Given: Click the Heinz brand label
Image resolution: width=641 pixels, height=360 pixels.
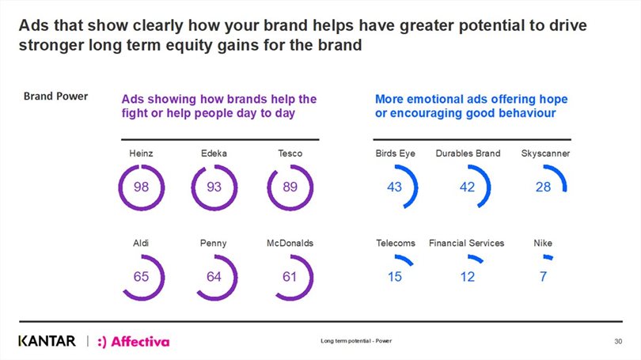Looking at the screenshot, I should pos(141,153).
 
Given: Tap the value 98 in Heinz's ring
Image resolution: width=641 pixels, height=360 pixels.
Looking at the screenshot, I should pos(141,188).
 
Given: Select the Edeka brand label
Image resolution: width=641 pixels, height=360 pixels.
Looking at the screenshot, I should pos(214,153).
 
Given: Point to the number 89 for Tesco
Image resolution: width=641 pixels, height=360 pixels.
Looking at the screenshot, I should pos(290,188).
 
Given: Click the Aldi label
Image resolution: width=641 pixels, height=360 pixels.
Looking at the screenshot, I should pos(141,243).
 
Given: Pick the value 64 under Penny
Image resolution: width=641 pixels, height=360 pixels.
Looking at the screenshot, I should pos(214,277).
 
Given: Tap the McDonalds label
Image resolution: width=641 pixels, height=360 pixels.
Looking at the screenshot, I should pos(290,243).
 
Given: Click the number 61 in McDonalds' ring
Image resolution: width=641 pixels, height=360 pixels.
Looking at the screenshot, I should pos(290,277).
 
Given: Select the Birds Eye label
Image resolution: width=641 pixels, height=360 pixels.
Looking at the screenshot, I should pos(395,153).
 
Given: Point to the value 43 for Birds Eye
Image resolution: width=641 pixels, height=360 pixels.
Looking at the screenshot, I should pos(395,188).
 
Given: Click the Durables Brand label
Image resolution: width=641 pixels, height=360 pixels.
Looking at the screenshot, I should pos(468,153).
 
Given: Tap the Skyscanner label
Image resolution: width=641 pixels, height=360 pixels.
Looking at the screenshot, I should pos(545,153).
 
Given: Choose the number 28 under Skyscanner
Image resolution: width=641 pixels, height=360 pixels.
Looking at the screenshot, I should pos(543,188).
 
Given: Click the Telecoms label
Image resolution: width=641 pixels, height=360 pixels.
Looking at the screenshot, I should pos(395,243).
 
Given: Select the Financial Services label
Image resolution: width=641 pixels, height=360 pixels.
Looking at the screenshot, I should pos(467,243).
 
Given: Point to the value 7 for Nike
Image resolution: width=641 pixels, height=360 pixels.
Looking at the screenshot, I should pos(544,277).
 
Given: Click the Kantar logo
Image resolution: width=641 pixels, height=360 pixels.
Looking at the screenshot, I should pos(47,341).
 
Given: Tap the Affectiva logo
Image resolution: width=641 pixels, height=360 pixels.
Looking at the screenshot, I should pos(133,341).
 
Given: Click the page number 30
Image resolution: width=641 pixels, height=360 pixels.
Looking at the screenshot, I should pos(618,341).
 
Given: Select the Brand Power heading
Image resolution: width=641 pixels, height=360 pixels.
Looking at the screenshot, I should pos(55,97).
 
